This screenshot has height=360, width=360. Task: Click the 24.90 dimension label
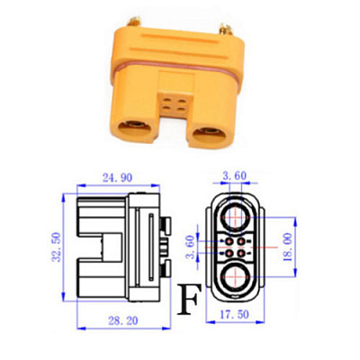[x=117, y=177]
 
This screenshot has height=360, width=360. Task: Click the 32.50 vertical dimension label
[x=56, y=247]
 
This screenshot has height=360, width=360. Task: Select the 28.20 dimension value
[x=123, y=320]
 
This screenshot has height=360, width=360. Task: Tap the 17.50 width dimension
[x=234, y=314]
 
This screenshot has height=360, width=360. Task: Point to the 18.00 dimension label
[x=287, y=247]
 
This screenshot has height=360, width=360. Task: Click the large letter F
[x=188, y=300]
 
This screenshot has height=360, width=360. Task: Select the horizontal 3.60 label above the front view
[x=234, y=175]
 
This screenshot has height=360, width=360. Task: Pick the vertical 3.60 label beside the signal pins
[x=191, y=247]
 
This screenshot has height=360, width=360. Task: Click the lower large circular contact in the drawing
[x=236, y=277]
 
